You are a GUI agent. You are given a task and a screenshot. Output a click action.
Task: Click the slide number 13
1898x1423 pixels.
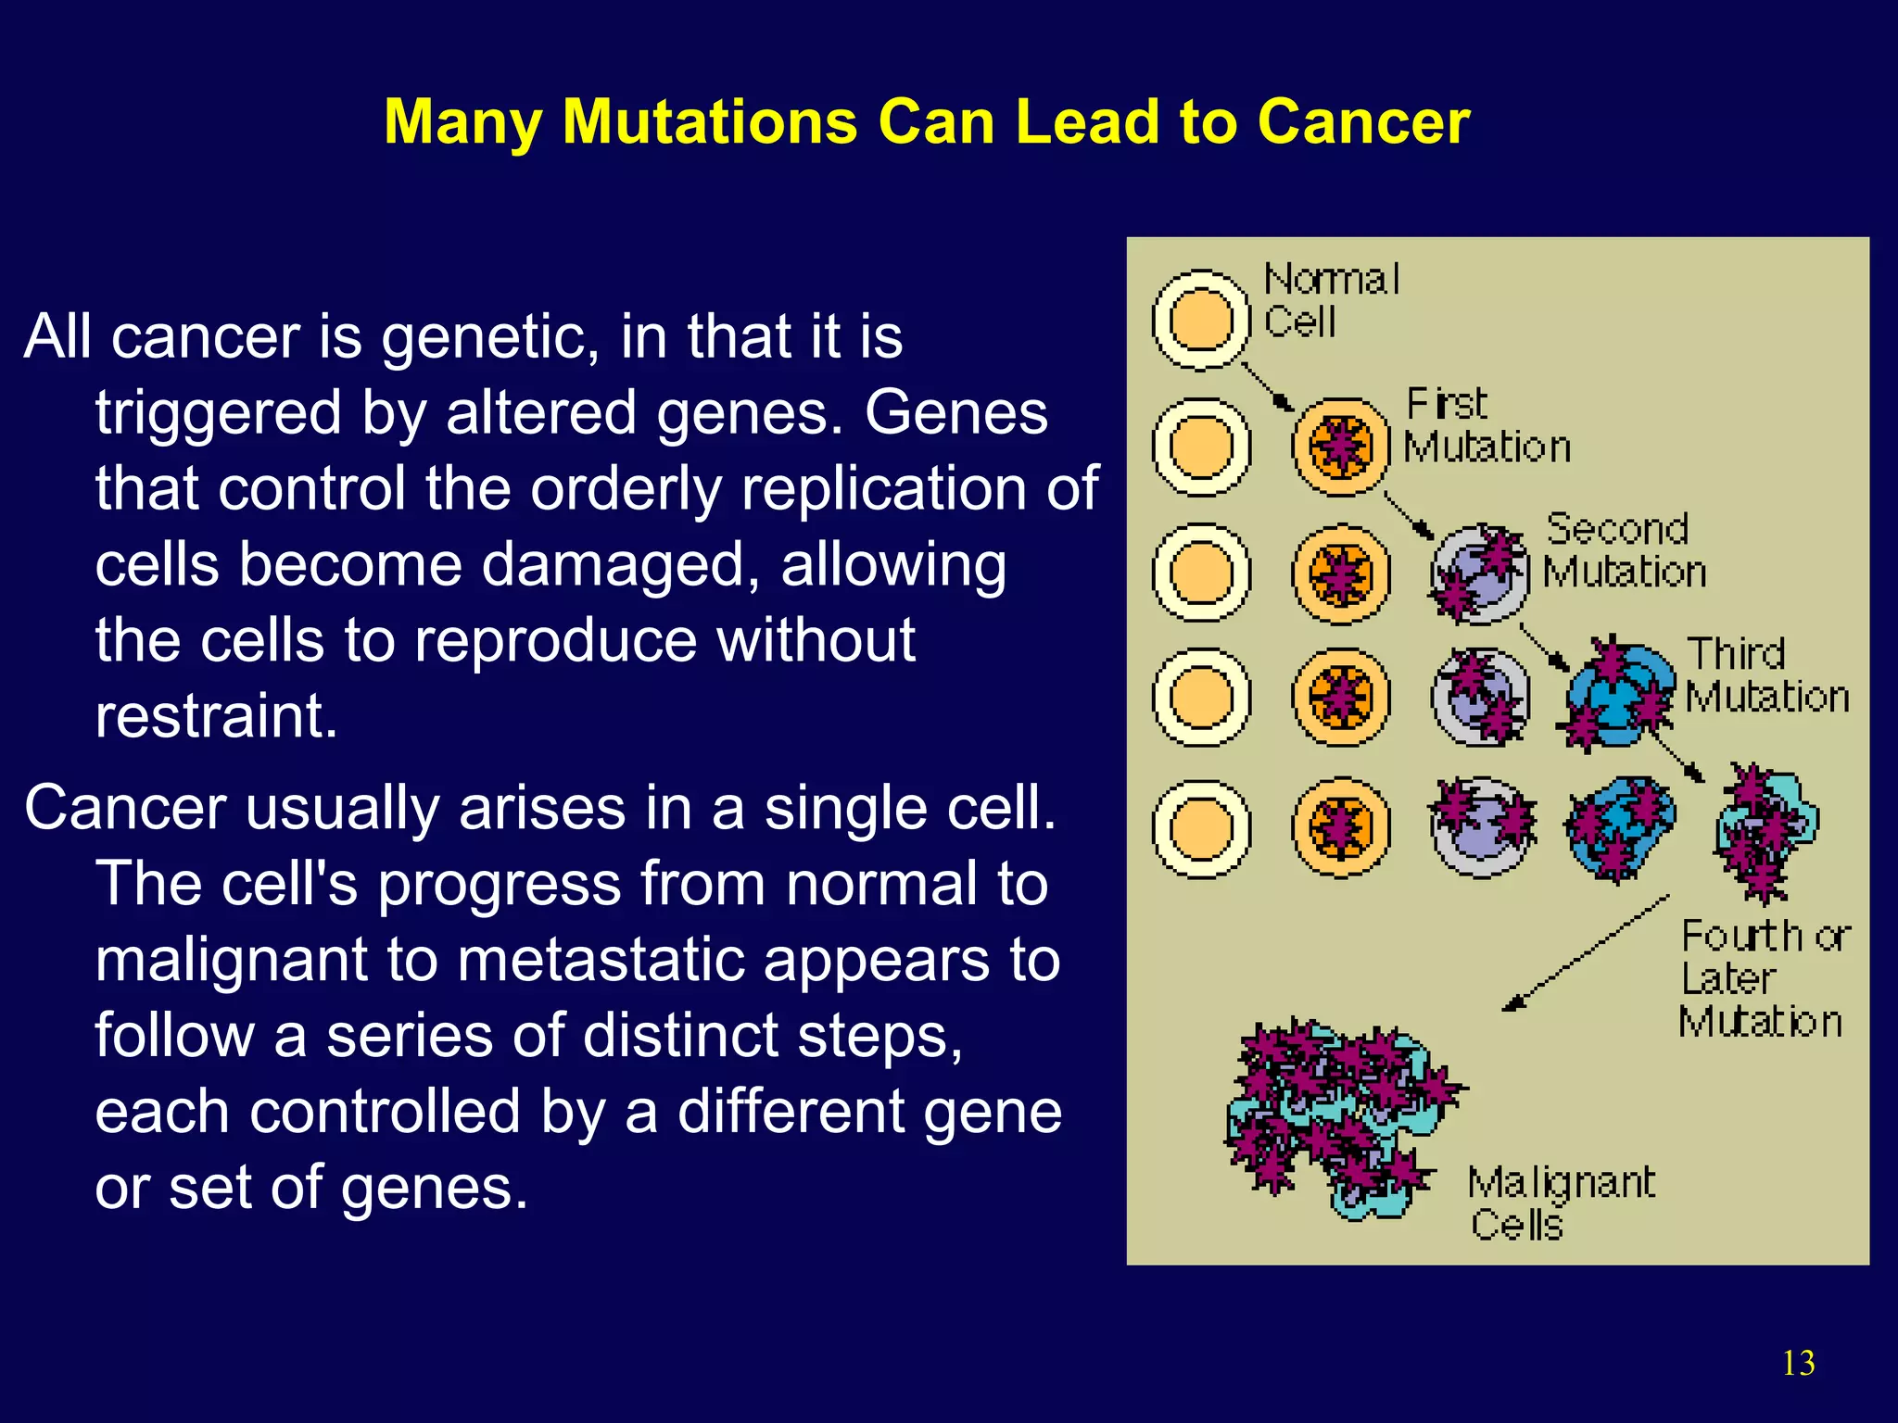click(x=1798, y=1363)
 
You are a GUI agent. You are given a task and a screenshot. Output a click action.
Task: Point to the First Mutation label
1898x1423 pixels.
click(x=1486, y=425)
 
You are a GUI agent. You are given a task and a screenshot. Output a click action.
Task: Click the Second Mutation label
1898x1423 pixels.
click(x=1624, y=550)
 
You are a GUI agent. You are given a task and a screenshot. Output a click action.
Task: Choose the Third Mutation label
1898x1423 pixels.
click(x=1766, y=675)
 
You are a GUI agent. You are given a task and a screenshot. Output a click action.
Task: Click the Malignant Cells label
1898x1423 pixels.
click(x=1561, y=1203)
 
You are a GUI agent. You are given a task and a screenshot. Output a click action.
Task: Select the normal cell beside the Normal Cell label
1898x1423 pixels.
click(x=1201, y=321)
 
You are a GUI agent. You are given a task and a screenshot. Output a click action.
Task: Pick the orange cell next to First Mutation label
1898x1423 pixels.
click(x=1341, y=447)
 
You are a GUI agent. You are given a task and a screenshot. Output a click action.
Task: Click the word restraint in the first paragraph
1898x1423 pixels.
click(x=216, y=715)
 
